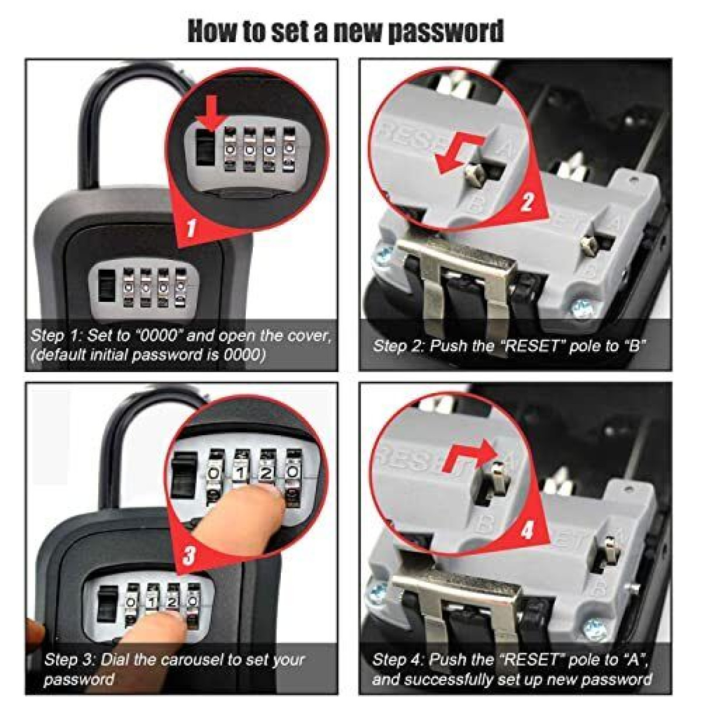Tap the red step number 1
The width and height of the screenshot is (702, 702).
pyautogui.click(x=191, y=228)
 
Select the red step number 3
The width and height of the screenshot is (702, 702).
pyautogui.click(x=189, y=555)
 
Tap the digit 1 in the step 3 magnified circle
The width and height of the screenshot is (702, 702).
pyautogui.click(x=239, y=474)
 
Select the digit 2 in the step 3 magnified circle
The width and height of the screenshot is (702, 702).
pyautogui.click(x=266, y=474)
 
